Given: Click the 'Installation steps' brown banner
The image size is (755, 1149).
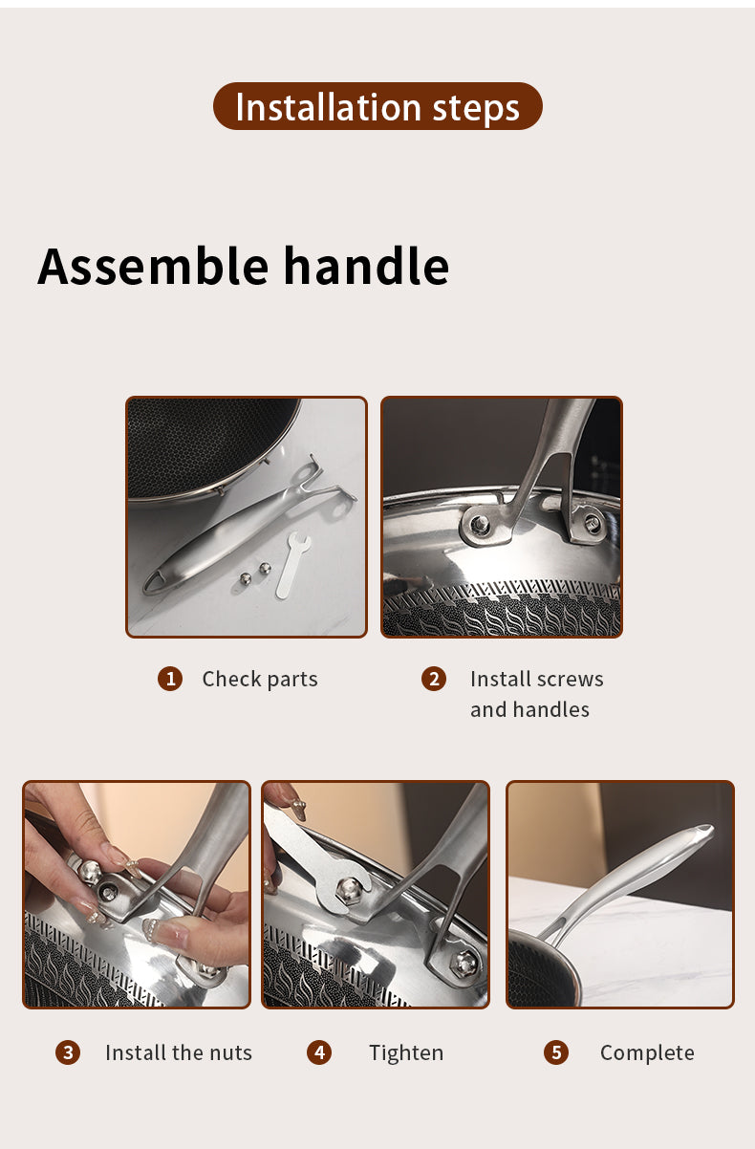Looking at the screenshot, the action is (x=377, y=106).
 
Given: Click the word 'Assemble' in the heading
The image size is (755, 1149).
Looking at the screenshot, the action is (x=153, y=266).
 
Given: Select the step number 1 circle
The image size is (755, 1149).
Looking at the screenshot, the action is (x=170, y=679).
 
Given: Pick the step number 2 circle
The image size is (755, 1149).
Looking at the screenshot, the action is (x=434, y=679).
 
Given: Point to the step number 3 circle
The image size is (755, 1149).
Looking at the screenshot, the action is (x=68, y=1053).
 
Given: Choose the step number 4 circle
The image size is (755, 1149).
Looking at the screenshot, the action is (x=319, y=1053).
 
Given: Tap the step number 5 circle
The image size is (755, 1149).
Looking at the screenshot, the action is (x=556, y=1053).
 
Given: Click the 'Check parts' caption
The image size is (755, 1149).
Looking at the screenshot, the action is (x=260, y=679).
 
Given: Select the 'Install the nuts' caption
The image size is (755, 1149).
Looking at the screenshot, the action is (x=179, y=1053).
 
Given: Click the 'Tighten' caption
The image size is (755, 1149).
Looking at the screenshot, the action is (x=406, y=1053).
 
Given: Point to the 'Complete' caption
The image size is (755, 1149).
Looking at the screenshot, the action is (x=647, y=1053).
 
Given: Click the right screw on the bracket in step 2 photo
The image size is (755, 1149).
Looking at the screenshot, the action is (x=593, y=523).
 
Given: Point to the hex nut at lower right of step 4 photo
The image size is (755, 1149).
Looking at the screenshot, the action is (x=464, y=963).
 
